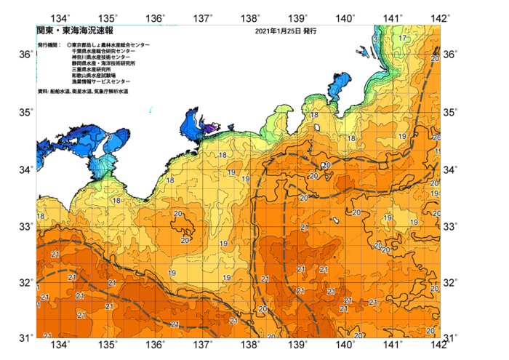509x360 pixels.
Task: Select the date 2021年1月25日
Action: click(x=277, y=32)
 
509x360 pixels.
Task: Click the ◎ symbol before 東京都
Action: click(x=69, y=45)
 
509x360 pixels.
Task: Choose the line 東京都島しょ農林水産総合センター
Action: click(x=111, y=45)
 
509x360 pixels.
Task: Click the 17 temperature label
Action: click(x=402, y=38)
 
